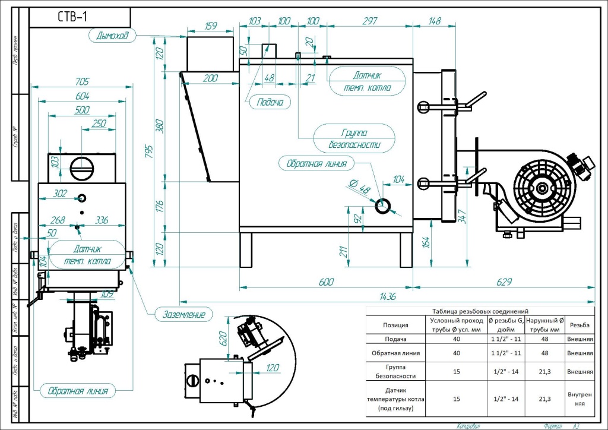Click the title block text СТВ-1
(72, 17)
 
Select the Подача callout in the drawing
(270, 102)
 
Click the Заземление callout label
(183, 314)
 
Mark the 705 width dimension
(83, 82)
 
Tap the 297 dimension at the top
(369, 21)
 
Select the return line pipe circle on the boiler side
(384, 205)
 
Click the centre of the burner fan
(541, 189)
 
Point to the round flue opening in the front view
(82, 168)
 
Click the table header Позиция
(395, 325)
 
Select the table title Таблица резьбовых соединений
(480, 311)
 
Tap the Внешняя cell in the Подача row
(579, 339)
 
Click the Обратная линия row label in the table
(395, 353)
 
